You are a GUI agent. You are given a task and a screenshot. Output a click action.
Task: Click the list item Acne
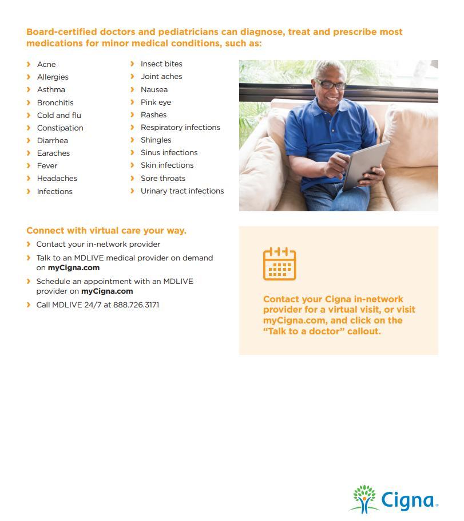46,64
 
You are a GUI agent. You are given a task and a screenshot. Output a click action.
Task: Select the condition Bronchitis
55,102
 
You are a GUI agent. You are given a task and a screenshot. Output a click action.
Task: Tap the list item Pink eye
156,102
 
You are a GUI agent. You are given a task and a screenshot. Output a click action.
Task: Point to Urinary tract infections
182,191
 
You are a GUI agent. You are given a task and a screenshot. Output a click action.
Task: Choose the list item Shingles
156,140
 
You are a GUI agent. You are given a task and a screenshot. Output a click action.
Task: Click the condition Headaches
57,178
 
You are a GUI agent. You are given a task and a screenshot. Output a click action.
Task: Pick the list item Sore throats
162,178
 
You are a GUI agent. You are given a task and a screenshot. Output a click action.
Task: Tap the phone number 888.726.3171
136,305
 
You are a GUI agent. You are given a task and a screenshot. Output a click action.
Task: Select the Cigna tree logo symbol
364,499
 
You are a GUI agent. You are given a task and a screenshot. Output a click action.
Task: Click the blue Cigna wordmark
407,500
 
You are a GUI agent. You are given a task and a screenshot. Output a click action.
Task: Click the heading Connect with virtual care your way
106,230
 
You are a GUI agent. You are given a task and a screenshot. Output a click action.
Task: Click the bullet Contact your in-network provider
98,244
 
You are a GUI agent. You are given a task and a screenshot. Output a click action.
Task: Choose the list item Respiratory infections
180,127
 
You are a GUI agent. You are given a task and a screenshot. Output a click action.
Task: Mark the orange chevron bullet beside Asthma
29,89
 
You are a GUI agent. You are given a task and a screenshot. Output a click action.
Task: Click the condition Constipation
60,128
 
